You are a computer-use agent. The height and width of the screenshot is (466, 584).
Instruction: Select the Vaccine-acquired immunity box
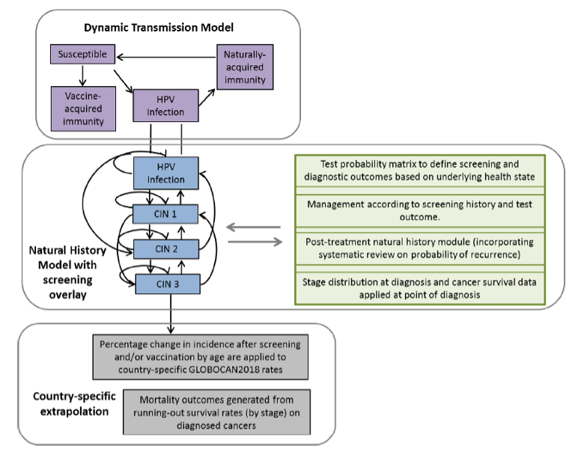(83, 108)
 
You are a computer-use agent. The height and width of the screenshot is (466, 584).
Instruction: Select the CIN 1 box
(165, 215)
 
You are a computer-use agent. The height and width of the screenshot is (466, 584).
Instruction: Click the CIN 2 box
(165, 249)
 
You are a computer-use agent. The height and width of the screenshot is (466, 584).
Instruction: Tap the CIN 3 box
(165, 283)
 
